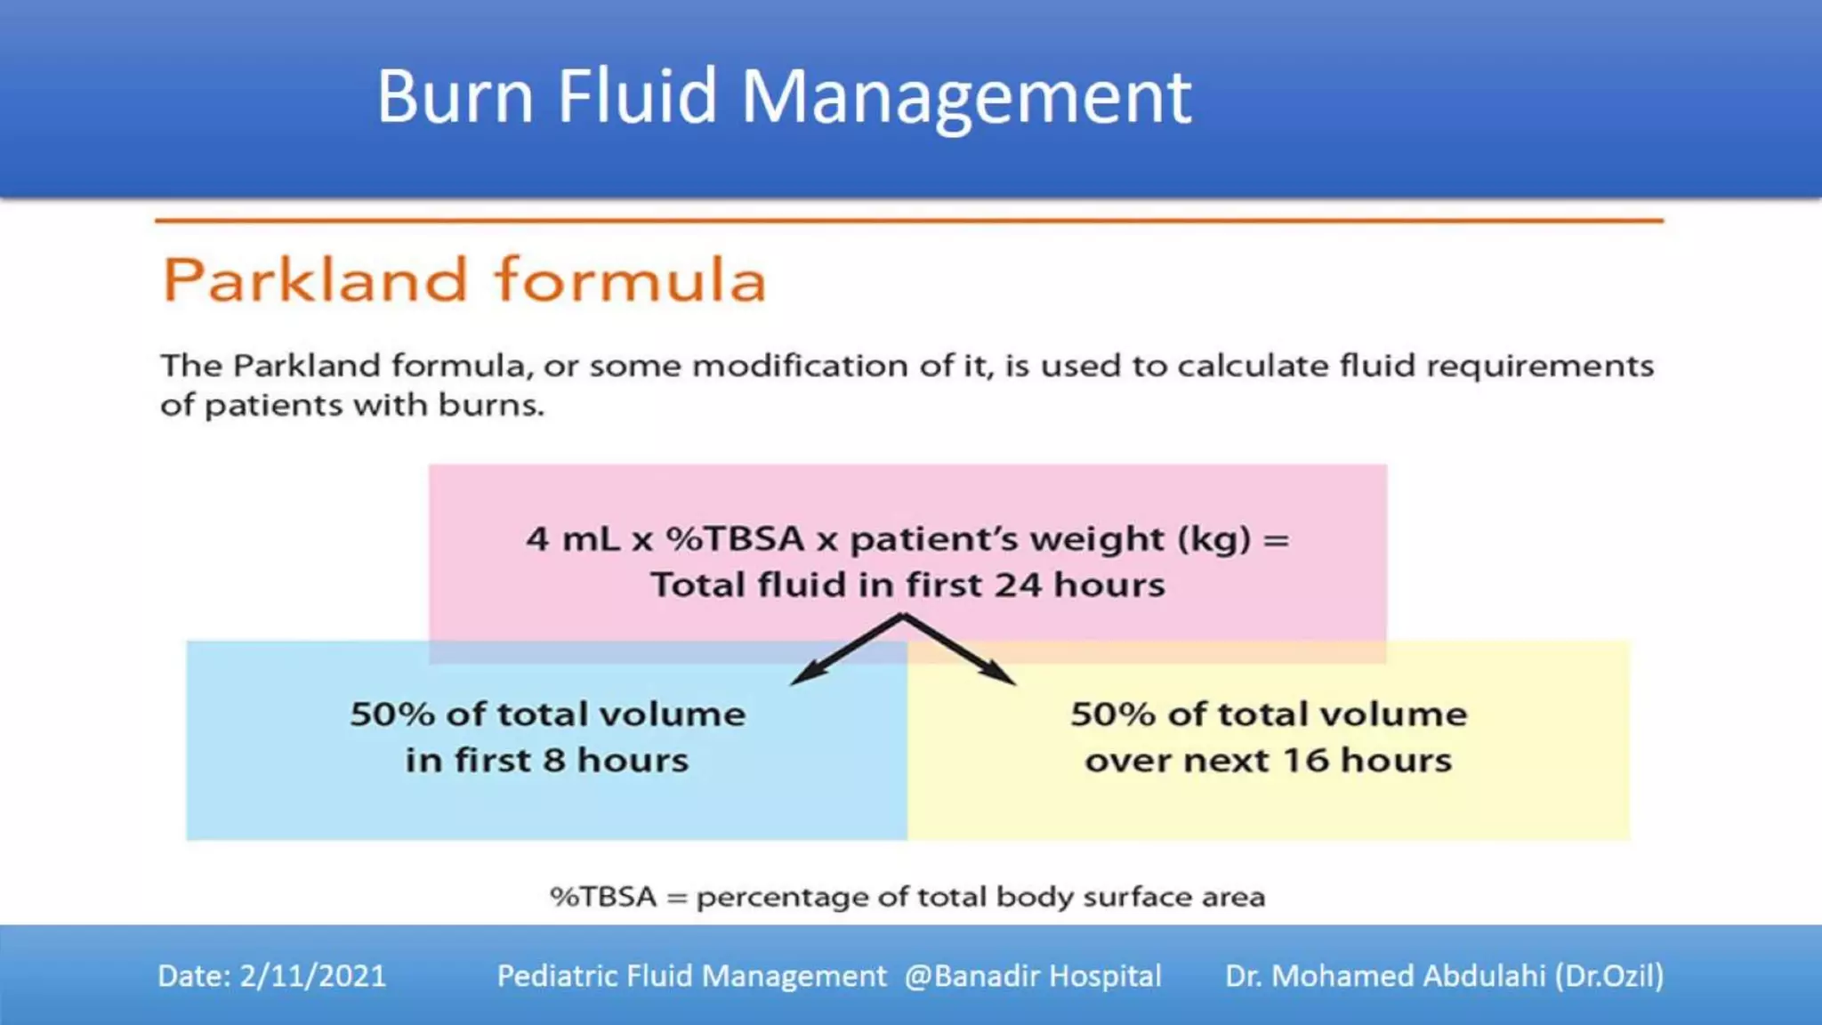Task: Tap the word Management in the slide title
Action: [966, 98]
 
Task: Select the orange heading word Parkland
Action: [315, 280]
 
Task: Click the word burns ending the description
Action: [490, 406]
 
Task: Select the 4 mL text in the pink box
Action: [572, 539]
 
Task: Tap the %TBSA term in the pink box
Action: [735, 539]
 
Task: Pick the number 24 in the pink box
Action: [1018, 585]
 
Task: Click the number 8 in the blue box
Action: [554, 761]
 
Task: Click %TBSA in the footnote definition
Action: [603, 897]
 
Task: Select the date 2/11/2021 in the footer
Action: [312, 976]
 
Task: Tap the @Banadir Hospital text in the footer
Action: [1033, 976]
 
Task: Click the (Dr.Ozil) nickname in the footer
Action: [1608, 976]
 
